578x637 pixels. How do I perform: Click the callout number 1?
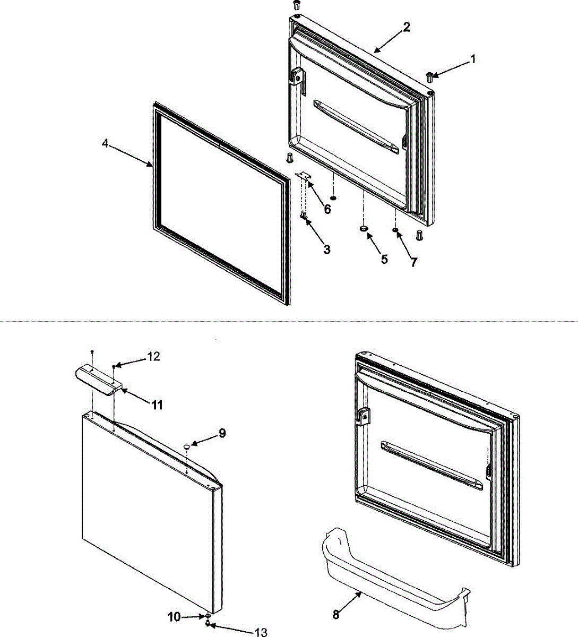point(472,59)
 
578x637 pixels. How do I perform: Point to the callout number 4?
point(106,144)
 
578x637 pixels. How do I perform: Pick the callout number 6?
point(327,209)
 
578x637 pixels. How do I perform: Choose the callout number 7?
point(413,262)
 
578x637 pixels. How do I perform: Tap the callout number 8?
point(335,615)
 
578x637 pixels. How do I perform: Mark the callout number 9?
point(222,433)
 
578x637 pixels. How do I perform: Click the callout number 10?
point(175,617)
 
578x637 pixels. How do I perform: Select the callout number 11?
point(157,405)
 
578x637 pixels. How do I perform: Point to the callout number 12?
point(153,357)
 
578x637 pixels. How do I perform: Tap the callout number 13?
point(261,632)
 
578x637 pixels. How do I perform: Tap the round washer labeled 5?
point(364,228)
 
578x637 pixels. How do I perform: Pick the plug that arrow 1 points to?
point(430,77)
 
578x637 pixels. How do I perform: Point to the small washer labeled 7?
point(395,230)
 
